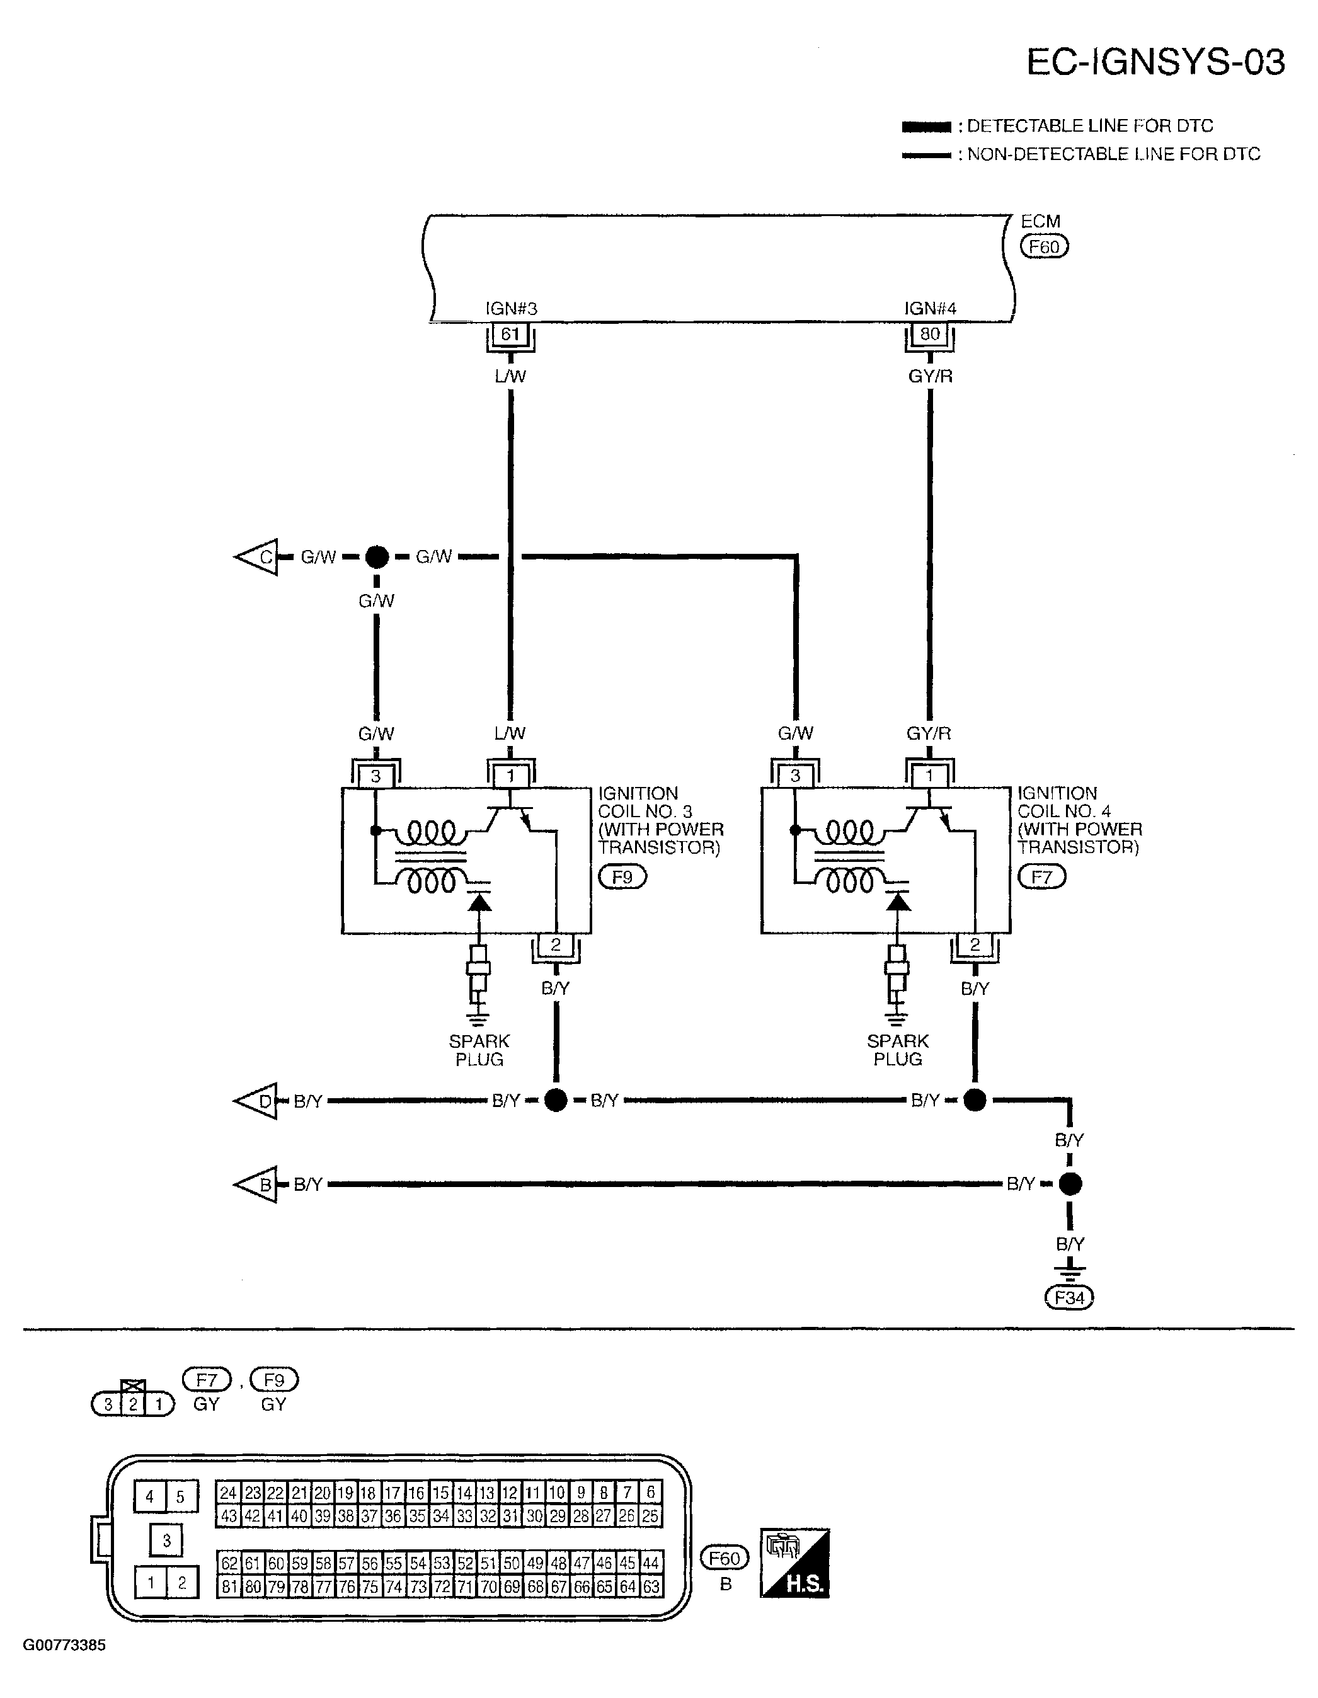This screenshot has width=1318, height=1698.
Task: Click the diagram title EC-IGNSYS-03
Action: (1155, 63)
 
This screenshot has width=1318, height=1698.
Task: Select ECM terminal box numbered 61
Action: (510, 335)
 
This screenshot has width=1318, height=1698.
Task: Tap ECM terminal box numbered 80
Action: (929, 335)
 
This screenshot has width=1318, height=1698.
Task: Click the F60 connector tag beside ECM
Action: (1045, 247)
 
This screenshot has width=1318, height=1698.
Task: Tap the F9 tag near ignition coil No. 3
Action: (622, 878)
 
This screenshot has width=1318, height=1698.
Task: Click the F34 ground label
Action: (1069, 1298)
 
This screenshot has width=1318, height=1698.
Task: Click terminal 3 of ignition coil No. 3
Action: (375, 776)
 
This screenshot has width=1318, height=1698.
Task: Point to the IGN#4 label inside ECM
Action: (930, 309)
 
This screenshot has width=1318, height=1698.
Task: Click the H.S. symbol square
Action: (794, 1564)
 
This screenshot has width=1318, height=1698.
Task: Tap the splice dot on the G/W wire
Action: (376, 557)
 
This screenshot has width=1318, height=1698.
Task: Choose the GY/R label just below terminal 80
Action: (930, 377)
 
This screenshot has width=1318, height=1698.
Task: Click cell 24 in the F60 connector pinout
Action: (228, 1493)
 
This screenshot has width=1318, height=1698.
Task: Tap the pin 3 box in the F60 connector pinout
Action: (166, 1540)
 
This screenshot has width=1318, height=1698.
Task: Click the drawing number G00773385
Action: (64, 1646)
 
